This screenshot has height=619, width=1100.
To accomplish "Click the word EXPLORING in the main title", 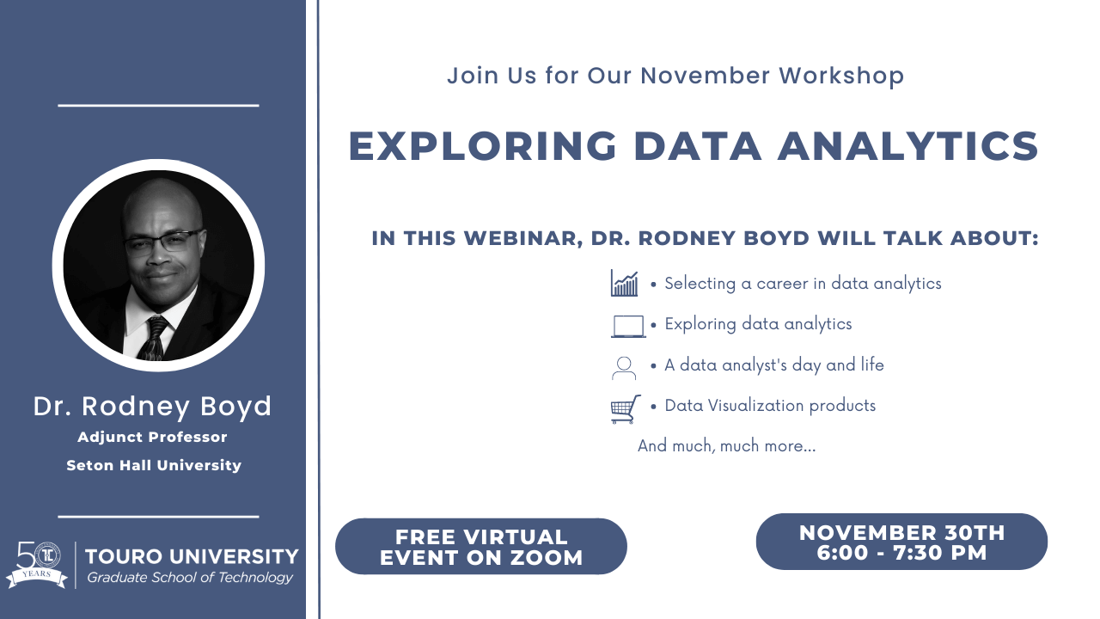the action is coord(483,146).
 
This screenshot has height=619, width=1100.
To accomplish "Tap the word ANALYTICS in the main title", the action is coord(908,146).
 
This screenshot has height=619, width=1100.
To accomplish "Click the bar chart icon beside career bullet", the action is coord(624,283).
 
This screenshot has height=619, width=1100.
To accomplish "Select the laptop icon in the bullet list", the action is coord(628,326).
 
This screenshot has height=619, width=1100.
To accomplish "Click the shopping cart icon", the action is coord(625,408).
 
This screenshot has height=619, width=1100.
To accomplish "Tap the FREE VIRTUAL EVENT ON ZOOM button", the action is coord(481,546).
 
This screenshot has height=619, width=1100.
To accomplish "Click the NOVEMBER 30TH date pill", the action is coord(901,542).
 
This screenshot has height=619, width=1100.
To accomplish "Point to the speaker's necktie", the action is coord(154,339).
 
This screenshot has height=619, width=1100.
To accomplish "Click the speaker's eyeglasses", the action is coord(164,241).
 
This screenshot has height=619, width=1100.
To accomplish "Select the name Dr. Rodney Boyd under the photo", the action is coord(152,407).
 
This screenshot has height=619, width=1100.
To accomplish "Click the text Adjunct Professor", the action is coord(152,437).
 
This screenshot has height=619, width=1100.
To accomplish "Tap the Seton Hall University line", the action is coord(154,465).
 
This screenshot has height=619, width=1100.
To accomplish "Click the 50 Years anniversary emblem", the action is coord(37,565).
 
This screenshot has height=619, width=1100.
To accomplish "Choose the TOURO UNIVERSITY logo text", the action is coord(192,556).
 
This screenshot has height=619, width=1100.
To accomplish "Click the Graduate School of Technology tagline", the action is coord(190,578).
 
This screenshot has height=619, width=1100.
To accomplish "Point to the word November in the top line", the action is coord(706,75).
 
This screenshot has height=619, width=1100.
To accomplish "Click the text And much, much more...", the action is coord(726,445).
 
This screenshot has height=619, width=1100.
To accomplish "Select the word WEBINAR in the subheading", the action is coord(523,238).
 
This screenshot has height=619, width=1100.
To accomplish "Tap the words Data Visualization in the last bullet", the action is coord(734,405).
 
